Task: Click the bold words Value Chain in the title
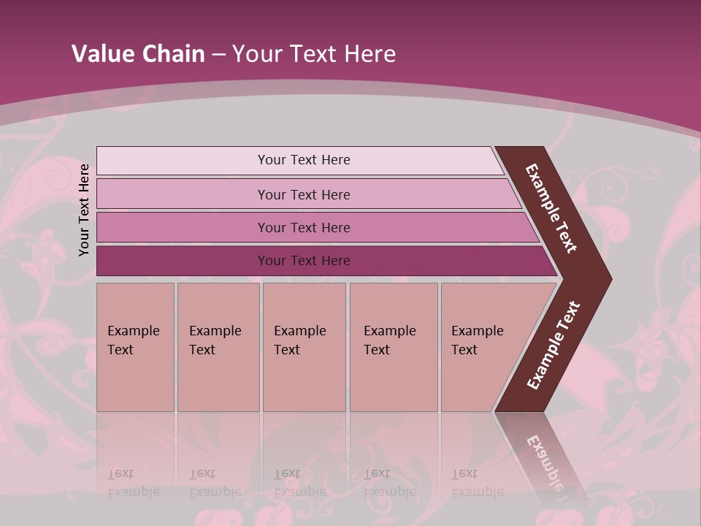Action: [138, 54]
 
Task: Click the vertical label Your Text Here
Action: [84, 210]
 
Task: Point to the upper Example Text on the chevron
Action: [551, 208]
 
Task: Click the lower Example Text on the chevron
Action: [553, 346]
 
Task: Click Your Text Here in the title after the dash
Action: [314, 54]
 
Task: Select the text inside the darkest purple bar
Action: [304, 261]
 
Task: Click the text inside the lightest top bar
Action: [304, 160]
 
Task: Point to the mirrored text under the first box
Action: [134, 483]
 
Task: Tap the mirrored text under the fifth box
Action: [478, 483]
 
